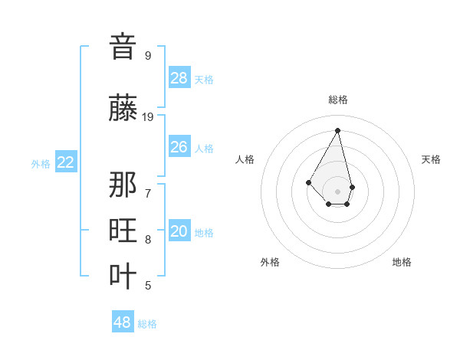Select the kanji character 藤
click(123, 108)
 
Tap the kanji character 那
click(123, 185)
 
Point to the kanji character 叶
click(123, 276)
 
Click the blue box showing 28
click(179, 78)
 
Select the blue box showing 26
click(179, 147)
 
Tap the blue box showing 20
click(179, 231)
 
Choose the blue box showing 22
click(66, 162)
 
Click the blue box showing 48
click(123, 322)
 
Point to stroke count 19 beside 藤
click(148, 117)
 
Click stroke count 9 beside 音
click(148, 55)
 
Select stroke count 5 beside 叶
click(148, 286)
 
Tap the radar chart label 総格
click(338, 100)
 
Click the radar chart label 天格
click(431, 159)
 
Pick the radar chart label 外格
click(270, 262)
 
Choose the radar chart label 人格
click(245, 159)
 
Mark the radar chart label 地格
click(402, 262)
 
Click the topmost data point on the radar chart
click(337, 129)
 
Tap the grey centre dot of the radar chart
click(337, 191)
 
